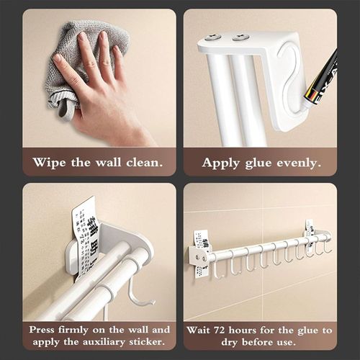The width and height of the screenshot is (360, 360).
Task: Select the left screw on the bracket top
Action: [x=213, y=36]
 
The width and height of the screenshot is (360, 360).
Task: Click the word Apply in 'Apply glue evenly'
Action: [x=220, y=162]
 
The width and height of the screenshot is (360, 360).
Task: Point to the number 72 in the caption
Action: [x=225, y=330]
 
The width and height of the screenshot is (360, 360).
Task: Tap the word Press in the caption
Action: [x=43, y=330]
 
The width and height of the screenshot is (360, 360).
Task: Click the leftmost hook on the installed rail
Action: [x=216, y=268]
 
